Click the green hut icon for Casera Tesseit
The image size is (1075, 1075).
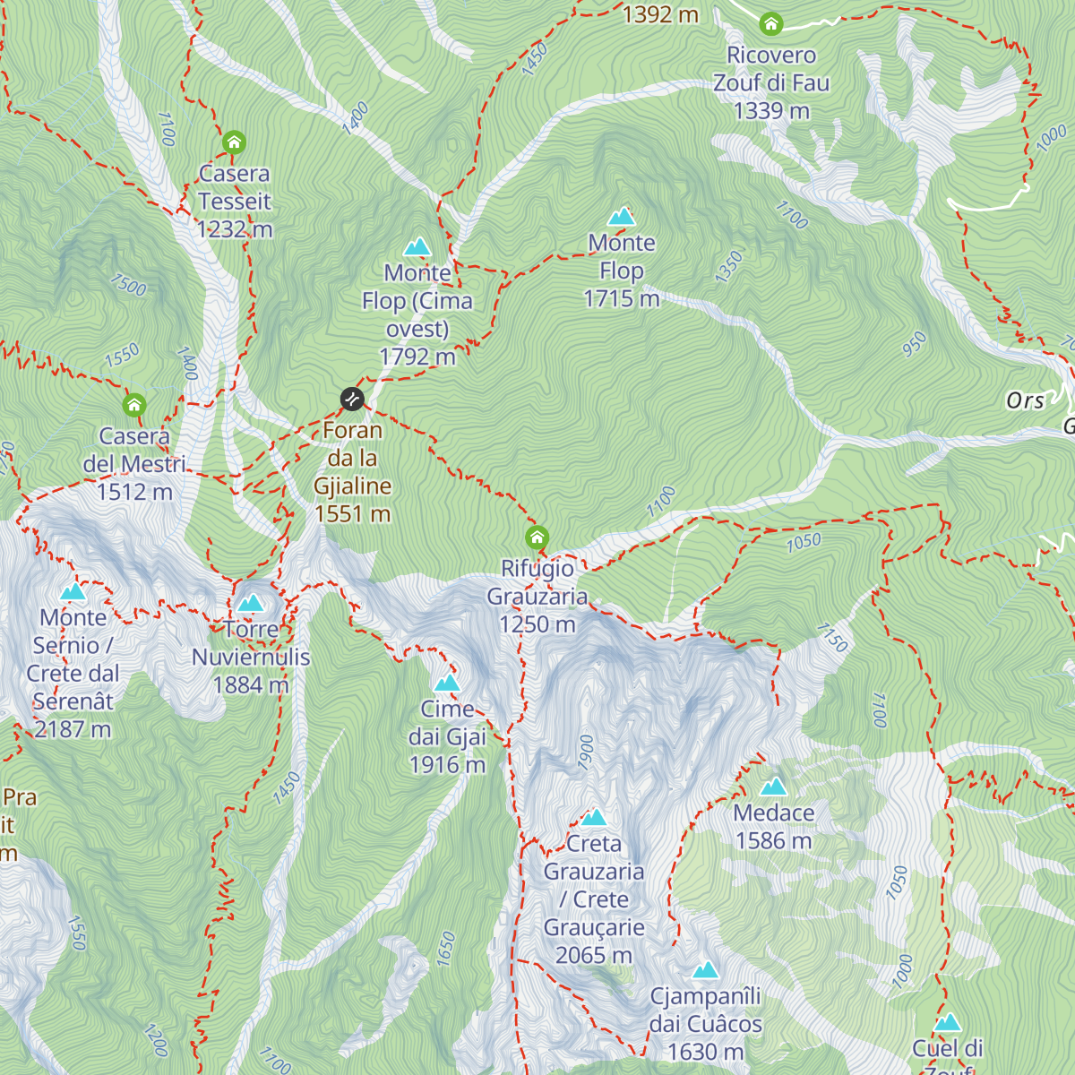click(x=234, y=142)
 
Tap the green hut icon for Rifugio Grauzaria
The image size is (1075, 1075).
click(x=537, y=537)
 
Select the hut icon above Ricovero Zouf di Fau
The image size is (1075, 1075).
click(x=770, y=24)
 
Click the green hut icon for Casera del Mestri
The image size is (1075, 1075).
click(x=134, y=405)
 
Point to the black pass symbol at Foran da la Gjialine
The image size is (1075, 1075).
click(x=352, y=399)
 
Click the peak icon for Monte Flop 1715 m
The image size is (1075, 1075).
click(x=621, y=216)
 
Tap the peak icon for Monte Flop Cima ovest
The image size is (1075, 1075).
click(x=417, y=246)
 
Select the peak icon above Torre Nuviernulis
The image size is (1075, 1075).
click(x=251, y=602)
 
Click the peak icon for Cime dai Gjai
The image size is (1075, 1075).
click(x=447, y=683)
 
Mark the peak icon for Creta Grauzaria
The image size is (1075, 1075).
click(x=594, y=817)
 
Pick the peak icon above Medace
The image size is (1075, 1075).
click(x=773, y=787)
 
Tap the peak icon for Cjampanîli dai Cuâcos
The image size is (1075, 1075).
click(x=706, y=969)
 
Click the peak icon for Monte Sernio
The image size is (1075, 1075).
click(x=73, y=591)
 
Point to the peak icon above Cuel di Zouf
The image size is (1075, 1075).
click(x=948, y=1022)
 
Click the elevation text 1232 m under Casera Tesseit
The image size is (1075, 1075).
click(x=235, y=229)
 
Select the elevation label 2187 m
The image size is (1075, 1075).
click(x=73, y=729)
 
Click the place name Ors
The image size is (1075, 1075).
click(x=1025, y=400)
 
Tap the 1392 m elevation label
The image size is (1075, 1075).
click(x=660, y=14)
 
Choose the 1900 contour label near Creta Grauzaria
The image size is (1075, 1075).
click(x=585, y=752)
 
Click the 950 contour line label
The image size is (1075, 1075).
click(x=914, y=344)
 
